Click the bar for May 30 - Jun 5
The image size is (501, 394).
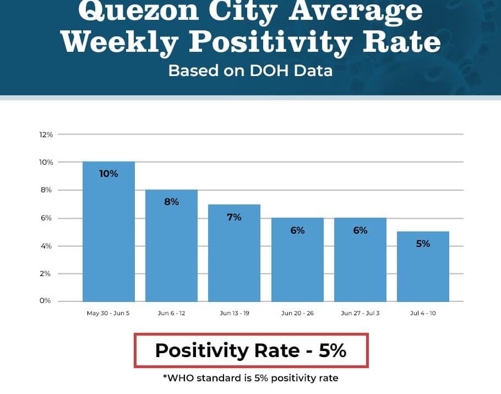(x=108, y=231)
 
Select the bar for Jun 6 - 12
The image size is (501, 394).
(x=171, y=246)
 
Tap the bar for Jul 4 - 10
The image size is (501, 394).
(x=423, y=267)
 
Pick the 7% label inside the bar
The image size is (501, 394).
(x=234, y=217)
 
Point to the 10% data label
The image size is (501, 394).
(x=108, y=174)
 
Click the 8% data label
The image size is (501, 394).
(x=171, y=202)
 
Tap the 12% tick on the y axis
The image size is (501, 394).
(x=46, y=134)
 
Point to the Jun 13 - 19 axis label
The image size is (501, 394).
(x=234, y=314)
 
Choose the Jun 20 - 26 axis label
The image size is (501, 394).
(x=297, y=314)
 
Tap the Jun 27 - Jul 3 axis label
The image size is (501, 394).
(x=360, y=314)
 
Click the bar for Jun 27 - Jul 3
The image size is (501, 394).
(x=360, y=260)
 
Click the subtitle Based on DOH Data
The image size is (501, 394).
(x=251, y=71)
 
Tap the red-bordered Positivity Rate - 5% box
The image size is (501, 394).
(x=251, y=350)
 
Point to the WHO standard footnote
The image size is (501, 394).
(x=251, y=378)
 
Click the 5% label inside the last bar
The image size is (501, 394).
(x=423, y=243)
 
